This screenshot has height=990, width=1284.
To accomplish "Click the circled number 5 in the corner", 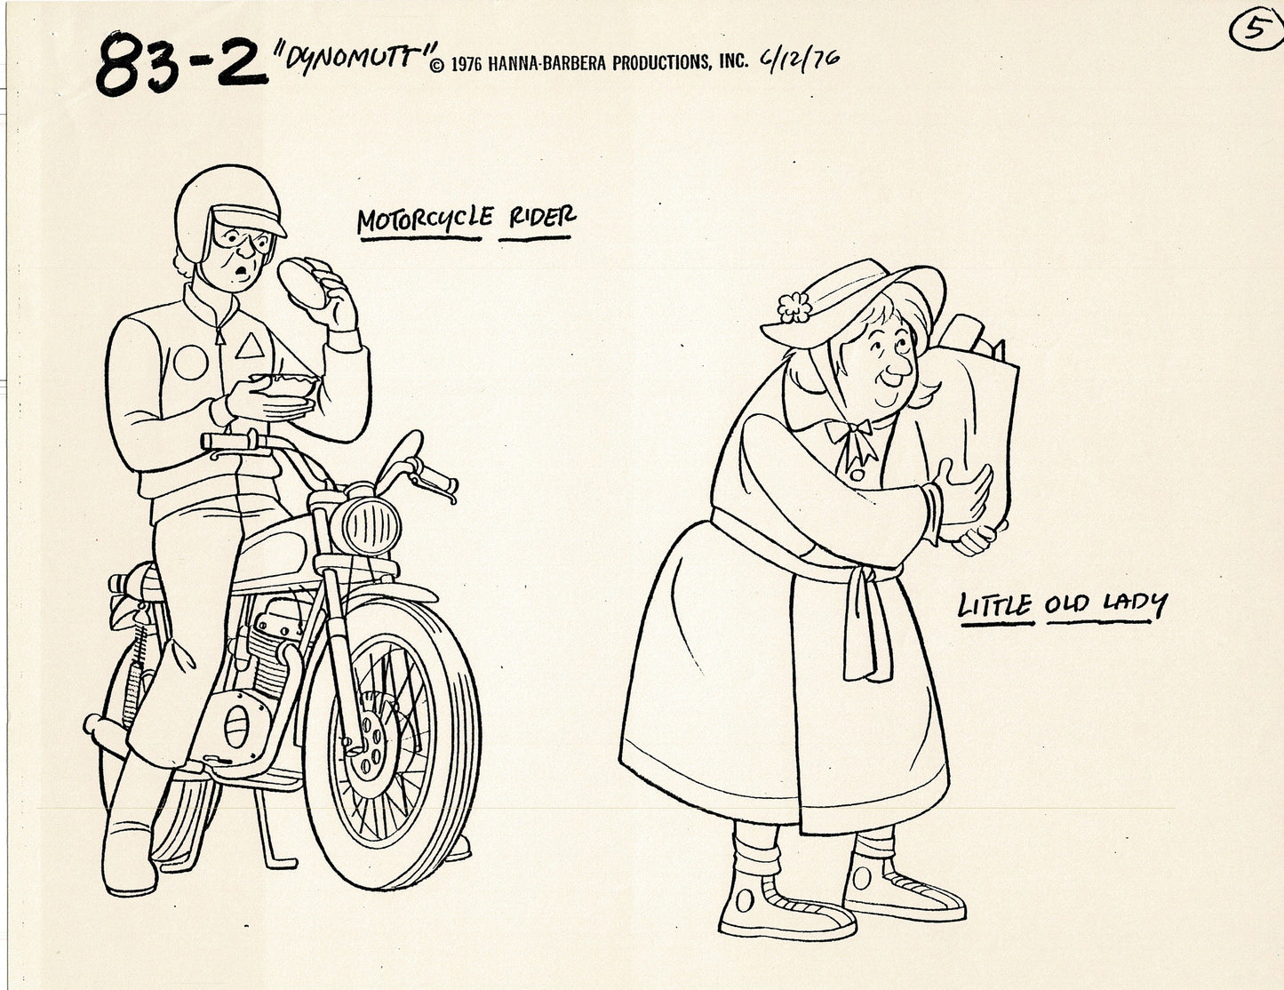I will (x=1249, y=31).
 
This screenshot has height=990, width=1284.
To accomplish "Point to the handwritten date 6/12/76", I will (x=799, y=59).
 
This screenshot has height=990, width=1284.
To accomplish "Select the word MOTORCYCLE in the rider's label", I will (x=423, y=221).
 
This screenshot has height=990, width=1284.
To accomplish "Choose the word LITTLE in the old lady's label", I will (x=994, y=607).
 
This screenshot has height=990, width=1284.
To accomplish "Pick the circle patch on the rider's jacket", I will (x=188, y=362).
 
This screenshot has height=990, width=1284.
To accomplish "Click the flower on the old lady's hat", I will (x=794, y=307).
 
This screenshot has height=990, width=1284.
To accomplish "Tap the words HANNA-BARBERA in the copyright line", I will (x=548, y=62).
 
